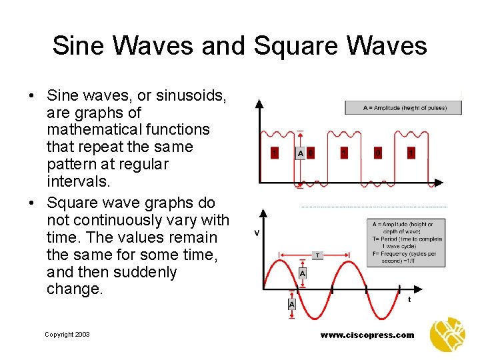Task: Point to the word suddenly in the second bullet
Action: pyautogui.click(x=145, y=272)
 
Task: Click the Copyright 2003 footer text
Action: pyautogui.click(x=67, y=335)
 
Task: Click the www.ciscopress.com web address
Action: pyautogui.click(x=367, y=335)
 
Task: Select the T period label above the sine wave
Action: pyautogui.click(x=317, y=255)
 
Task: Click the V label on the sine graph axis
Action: pyautogui.click(x=257, y=233)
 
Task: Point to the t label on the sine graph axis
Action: pyautogui.click(x=409, y=299)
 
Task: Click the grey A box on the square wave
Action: pyautogui.click(x=301, y=153)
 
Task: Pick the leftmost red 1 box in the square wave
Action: pyautogui.click(x=275, y=153)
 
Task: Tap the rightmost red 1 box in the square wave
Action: pyautogui.click(x=411, y=153)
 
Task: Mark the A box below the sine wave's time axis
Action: pyautogui.click(x=292, y=304)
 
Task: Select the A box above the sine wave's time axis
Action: pyautogui.click(x=303, y=273)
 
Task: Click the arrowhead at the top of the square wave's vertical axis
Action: pyautogui.click(x=260, y=103)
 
